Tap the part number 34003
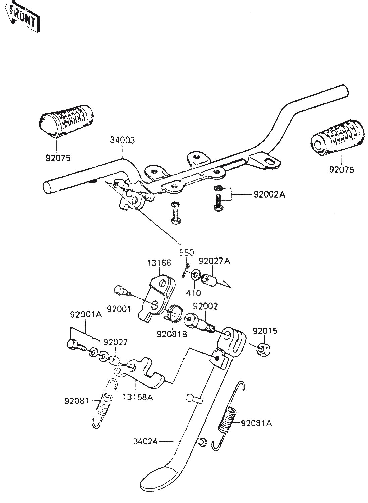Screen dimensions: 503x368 (122, 141)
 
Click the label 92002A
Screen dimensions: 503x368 (267, 194)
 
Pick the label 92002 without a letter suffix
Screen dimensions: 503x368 (206, 306)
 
